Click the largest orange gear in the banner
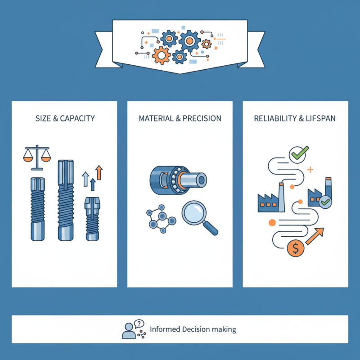coord(161,55)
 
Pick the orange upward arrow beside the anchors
coord(99,173)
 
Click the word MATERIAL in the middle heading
coord(156,119)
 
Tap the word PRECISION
coord(202,119)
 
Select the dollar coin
coord(294,248)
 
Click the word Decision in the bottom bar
coord(198,329)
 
